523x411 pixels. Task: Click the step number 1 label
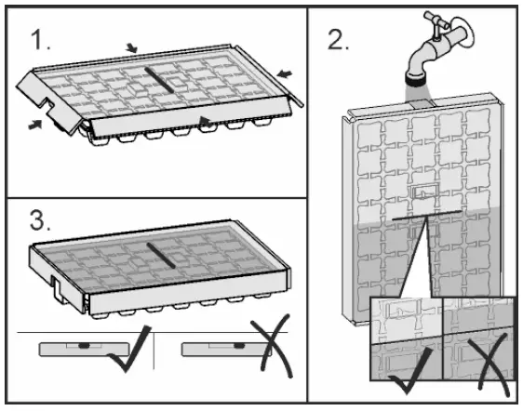coord(40,40)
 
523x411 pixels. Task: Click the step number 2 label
coord(338,40)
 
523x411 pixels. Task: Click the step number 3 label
coord(40,220)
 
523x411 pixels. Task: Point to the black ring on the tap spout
coord(417,80)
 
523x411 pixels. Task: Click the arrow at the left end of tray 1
coord(35,125)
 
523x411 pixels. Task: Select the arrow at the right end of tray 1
coord(285,73)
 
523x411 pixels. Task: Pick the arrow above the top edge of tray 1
coord(132,48)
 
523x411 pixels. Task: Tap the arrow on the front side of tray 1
coord(206,121)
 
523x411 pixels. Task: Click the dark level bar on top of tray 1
coord(159,80)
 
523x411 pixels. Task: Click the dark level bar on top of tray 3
coord(161,256)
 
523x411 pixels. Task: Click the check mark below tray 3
coord(130,349)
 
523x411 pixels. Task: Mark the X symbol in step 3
coord(272,347)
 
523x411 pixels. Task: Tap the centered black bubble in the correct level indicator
coord(84,346)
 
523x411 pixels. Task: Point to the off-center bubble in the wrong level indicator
coord(239,346)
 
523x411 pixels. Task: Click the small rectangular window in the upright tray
coord(424,192)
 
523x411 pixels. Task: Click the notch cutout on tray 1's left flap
coord(50,104)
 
